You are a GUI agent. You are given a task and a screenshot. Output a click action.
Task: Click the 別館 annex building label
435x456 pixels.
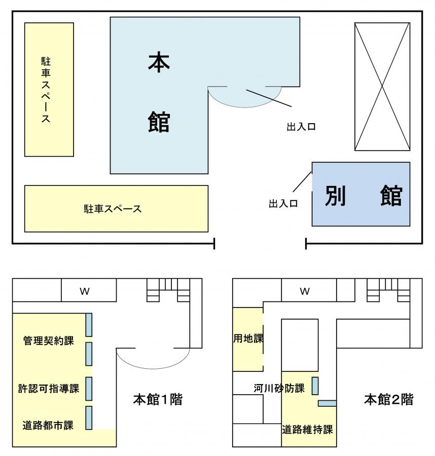364,196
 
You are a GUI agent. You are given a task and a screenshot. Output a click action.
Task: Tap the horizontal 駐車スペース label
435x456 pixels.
113,209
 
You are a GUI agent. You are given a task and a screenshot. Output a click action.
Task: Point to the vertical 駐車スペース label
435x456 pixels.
46,90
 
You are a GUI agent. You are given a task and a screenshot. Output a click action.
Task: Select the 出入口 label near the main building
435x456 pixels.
301,127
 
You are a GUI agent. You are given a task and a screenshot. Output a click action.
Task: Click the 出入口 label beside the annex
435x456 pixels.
283,204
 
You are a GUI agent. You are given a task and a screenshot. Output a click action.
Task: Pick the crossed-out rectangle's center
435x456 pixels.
382,86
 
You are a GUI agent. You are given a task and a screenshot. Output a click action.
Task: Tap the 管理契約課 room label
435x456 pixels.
49,340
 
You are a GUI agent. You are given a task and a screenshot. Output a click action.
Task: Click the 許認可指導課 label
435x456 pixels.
49,389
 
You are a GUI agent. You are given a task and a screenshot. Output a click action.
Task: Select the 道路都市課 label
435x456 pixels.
48,426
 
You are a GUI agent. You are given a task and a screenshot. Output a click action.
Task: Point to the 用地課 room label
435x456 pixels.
248,338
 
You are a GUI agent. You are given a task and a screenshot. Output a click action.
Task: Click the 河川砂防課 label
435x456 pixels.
279,388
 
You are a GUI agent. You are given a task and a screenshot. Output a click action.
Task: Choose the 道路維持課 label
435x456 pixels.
307,430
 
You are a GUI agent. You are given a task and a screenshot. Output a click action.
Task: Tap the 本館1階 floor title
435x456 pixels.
158,400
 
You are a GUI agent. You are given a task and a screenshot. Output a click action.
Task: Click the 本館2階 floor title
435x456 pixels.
389,400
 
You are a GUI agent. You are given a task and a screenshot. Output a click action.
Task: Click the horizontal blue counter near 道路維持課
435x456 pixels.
327,403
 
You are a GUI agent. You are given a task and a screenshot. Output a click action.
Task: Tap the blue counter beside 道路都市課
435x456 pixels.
89,418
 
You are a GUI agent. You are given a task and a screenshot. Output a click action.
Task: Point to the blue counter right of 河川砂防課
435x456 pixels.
315,386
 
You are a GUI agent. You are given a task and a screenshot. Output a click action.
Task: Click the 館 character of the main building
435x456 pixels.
159,122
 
